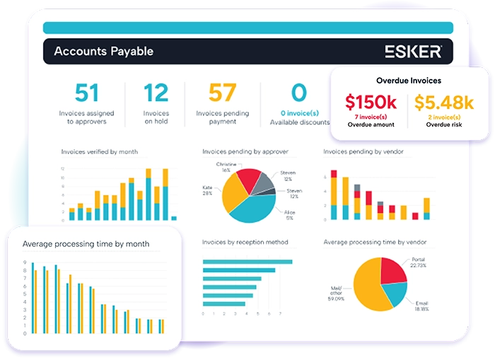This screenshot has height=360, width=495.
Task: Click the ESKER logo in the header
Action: pos(413,52)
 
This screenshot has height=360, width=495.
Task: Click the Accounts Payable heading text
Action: pos(103,51)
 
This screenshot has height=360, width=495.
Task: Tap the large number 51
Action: pos(86,93)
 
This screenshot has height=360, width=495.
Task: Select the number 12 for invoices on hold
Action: pos(156,93)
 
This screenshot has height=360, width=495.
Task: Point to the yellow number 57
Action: pos(222,93)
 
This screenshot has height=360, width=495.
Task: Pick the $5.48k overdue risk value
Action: pos(443,103)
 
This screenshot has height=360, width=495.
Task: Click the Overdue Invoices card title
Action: pos(408,81)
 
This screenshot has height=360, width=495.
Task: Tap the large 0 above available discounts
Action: pos(299,93)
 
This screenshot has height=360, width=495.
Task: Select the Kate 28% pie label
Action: pos(207,189)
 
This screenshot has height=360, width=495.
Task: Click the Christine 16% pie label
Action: pos(226,167)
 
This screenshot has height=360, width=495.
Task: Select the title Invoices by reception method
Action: pos(245,242)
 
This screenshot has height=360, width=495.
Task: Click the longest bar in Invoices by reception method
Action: pos(247,262)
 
